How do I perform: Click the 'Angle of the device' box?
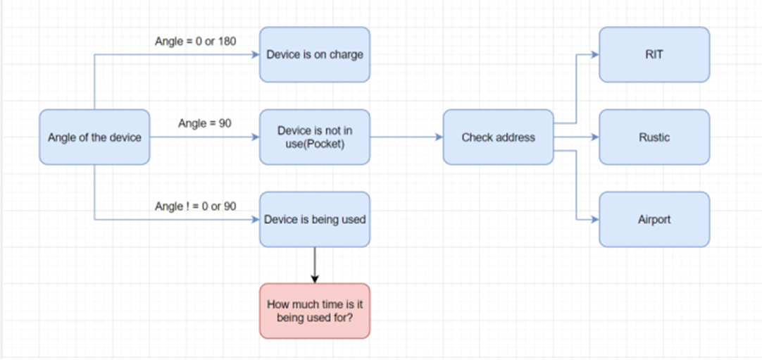coord(94,137)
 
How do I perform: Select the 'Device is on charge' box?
coord(315,54)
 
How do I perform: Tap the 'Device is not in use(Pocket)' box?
coord(315,137)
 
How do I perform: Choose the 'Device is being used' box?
coord(315,219)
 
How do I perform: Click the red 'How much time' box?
coord(315,311)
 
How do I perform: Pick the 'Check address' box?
coord(498,137)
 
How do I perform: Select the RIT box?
coord(654,54)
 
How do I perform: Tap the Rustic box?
coord(654,137)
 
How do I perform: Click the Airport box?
coord(654,219)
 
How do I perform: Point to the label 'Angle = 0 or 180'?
coord(195,41)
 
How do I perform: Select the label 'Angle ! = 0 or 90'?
coord(195,206)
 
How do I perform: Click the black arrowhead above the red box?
coord(315,279)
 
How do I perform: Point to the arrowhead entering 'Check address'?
coord(438,137)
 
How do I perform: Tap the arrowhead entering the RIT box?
coord(594,54)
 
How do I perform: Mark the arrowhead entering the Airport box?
coord(594,219)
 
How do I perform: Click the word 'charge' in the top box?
coord(348,54)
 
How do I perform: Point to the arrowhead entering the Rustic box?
coord(594,137)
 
